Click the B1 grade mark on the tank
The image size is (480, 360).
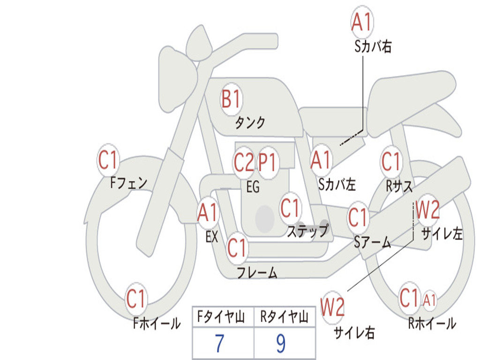click(x=231, y=99)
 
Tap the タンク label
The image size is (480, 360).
click(x=250, y=123)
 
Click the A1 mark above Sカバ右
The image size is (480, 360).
click(x=362, y=22)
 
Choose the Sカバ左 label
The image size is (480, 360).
click(x=337, y=184)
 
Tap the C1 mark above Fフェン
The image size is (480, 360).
click(x=108, y=161)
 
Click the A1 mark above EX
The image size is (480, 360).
click(x=208, y=213)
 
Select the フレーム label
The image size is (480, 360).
click(x=257, y=272)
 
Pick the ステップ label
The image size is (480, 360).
click(x=307, y=231)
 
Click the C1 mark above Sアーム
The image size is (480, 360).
click(x=358, y=217)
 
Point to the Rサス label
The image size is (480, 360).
click(x=399, y=186)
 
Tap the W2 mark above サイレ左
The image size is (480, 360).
click(x=427, y=210)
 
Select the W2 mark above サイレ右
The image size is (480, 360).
click(x=333, y=307)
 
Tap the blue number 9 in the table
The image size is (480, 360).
click(x=281, y=344)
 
